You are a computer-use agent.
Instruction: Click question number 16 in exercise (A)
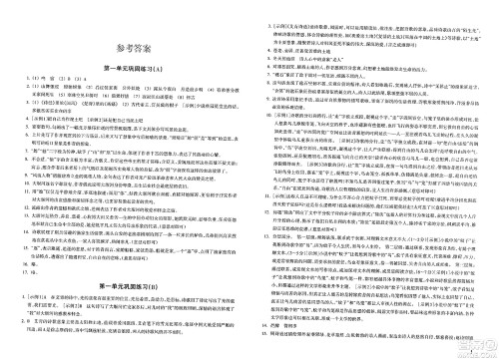click(x=19, y=267)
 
